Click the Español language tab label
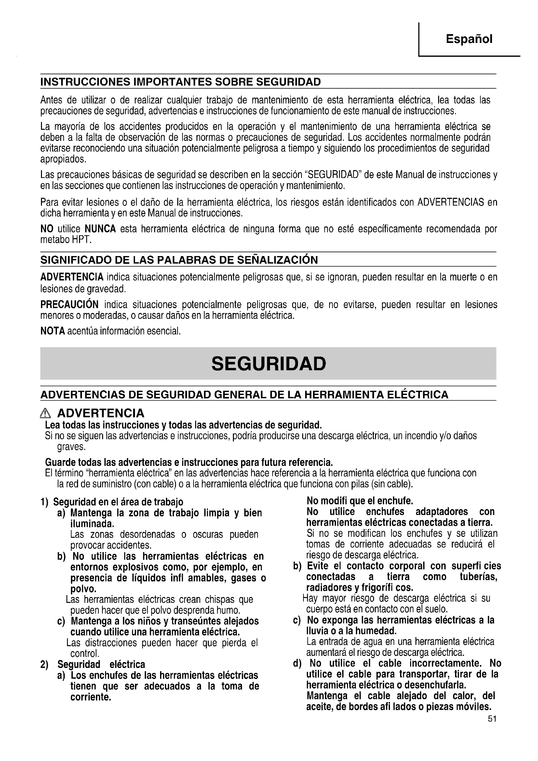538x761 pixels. click(469, 39)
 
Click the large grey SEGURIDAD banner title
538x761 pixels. click(268, 364)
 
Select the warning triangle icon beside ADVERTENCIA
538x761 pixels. click(45, 413)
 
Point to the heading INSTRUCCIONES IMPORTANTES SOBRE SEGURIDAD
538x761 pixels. click(181, 82)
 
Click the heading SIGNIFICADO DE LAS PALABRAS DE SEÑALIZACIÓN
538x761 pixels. click(179, 260)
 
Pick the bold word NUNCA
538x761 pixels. click(101, 229)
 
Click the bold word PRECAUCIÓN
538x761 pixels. click(69, 304)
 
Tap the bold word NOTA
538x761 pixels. click(52, 331)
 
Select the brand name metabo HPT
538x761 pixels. click(66, 239)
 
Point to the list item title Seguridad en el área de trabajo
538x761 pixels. click(118, 502)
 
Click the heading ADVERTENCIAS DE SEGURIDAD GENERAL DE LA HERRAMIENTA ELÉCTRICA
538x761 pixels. click(244, 394)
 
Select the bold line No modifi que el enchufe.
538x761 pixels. click(360, 500)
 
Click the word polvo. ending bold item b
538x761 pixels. click(83, 589)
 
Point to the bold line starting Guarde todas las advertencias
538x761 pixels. click(189, 462)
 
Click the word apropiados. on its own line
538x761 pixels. click(63, 159)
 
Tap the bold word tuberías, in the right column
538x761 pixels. click(478, 577)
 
